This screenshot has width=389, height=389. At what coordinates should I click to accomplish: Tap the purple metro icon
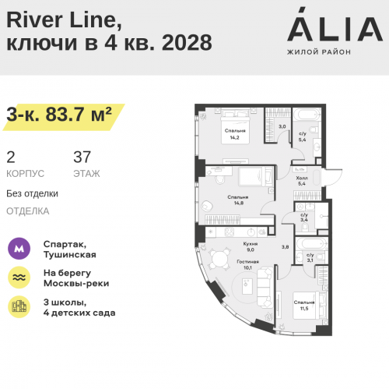click(19, 249)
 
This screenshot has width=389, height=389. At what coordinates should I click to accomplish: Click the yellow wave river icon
click(19, 278)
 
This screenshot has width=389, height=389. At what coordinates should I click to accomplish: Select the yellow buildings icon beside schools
click(19, 306)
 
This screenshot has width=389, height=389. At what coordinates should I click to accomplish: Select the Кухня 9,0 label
click(251, 246)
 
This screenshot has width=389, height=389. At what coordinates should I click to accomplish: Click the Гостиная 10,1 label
click(247, 264)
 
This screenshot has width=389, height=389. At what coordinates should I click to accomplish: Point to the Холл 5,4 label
click(302, 181)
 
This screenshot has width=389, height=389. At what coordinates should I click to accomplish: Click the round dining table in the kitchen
click(220, 259)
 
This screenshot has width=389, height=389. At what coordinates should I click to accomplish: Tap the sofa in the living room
click(265, 288)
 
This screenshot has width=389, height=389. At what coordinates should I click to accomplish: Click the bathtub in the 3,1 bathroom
click(311, 244)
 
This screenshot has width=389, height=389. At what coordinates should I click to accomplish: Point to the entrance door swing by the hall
click(333, 178)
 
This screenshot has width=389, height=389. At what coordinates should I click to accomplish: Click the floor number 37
click(82, 157)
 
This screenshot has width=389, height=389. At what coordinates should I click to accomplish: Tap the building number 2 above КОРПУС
click(11, 157)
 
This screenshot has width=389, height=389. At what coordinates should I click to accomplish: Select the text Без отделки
click(32, 193)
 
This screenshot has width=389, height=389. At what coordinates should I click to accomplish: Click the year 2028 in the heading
click(187, 42)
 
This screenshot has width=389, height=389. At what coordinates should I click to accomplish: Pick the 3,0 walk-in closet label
click(282, 126)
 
